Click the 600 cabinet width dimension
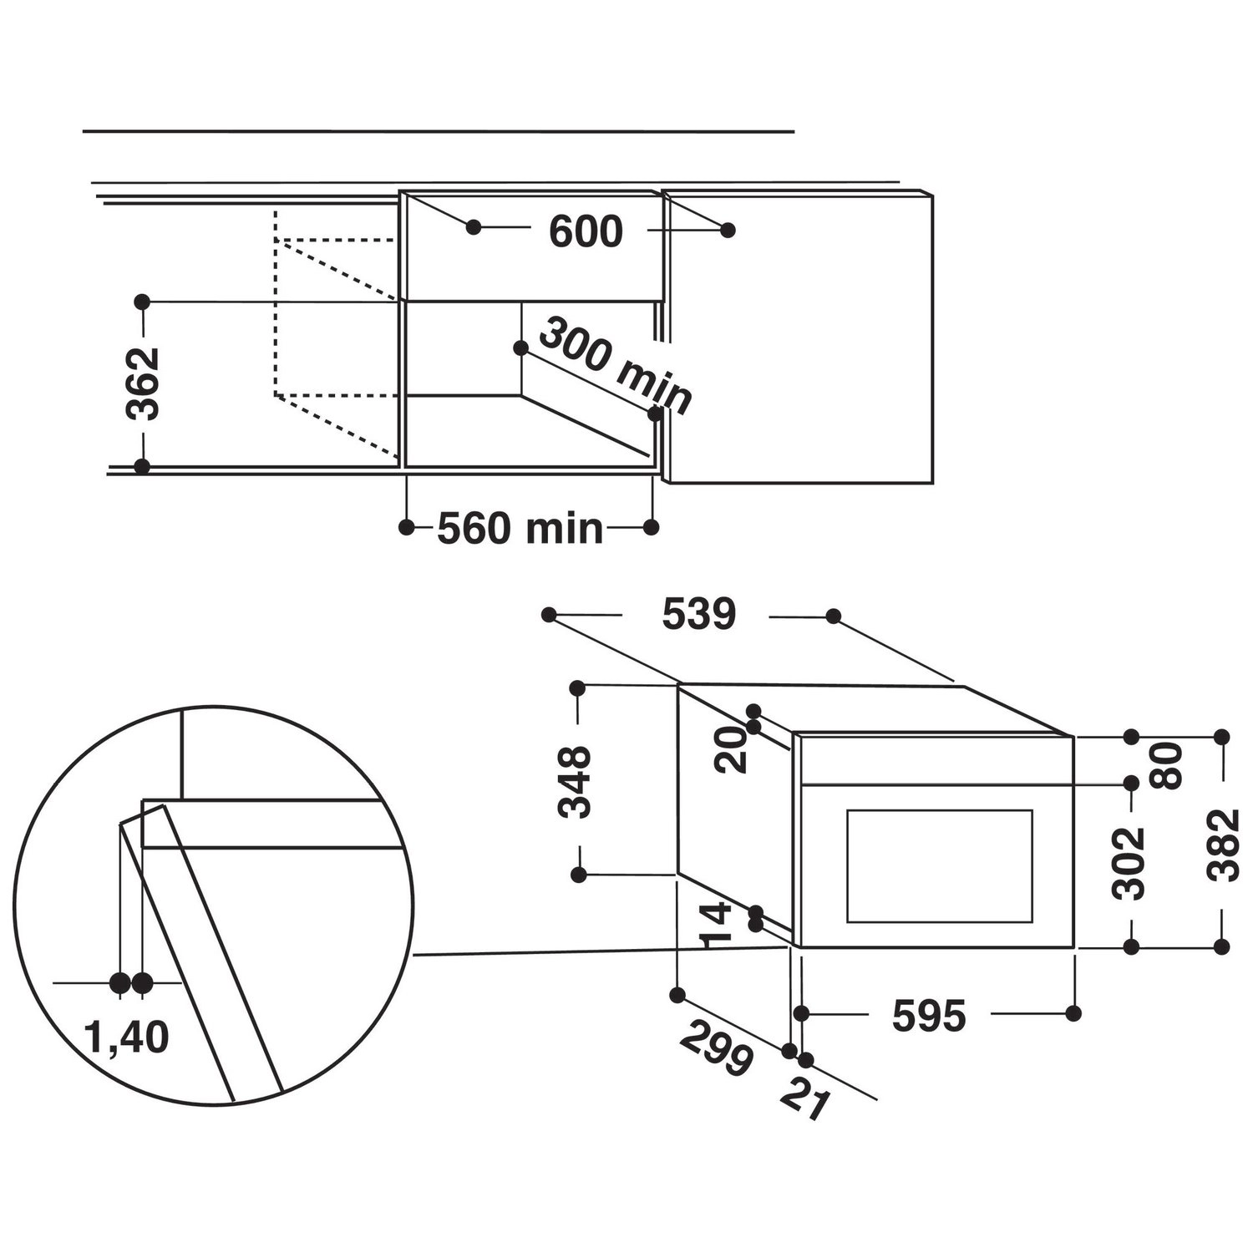(x=586, y=231)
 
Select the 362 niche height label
(x=142, y=383)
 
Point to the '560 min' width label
(x=520, y=528)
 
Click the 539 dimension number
(x=699, y=616)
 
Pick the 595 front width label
(x=929, y=1015)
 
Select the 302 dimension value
(x=1131, y=863)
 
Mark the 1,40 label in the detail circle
(x=127, y=1037)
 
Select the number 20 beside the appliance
(x=733, y=749)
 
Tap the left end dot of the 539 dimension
(x=548, y=615)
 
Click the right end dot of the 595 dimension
(x=1073, y=1013)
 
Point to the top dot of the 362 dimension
(x=142, y=299)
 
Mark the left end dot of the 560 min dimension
(x=407, y=527)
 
